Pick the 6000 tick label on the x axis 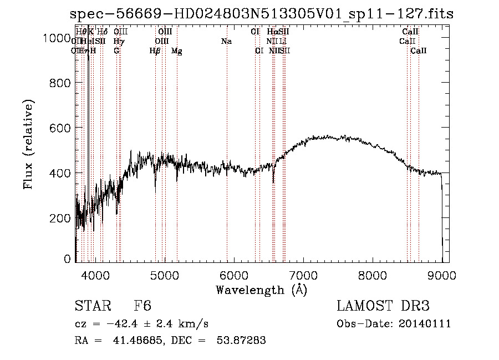234,275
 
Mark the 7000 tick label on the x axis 303,275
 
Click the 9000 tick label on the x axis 442,275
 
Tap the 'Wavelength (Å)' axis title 261,290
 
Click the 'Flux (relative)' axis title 28,144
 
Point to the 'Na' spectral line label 226,41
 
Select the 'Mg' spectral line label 177,50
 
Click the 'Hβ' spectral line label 155,50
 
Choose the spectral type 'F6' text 142,306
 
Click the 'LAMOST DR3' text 383,306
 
